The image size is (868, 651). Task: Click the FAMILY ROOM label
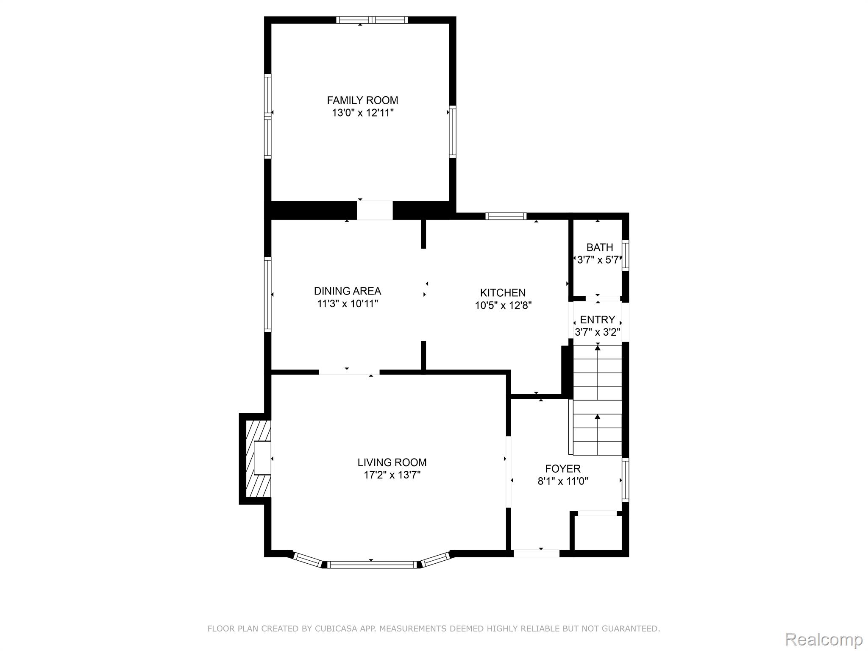[x=362, y=100]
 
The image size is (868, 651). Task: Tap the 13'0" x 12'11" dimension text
[x=363, y=113]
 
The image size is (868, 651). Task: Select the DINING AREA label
[x=348, y=291]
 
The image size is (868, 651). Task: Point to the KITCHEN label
[x=503, y=293]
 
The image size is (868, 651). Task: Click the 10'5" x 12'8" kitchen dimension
[x=503, y=306]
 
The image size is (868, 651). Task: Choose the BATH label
[x=600, y=248]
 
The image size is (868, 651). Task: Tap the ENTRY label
[x=598, y=320]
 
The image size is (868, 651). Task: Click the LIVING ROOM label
[x=392, y=462]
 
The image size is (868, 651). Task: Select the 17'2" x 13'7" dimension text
[x=392, y=475]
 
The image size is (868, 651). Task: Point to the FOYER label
[x=563, y=469]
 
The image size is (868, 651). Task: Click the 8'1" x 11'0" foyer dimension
[x=563, y=481]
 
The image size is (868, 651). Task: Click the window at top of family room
[x=372, y=20]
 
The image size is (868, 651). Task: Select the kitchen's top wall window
[x=506, y=216]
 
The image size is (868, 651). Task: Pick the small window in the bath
[x=626, y=255]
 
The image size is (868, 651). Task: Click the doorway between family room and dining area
[x=375, y=210]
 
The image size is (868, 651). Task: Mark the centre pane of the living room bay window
[x=372, y=565]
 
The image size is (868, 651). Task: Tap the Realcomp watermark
[x=824, y=640]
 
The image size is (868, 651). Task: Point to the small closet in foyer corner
[x=598, y=533]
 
